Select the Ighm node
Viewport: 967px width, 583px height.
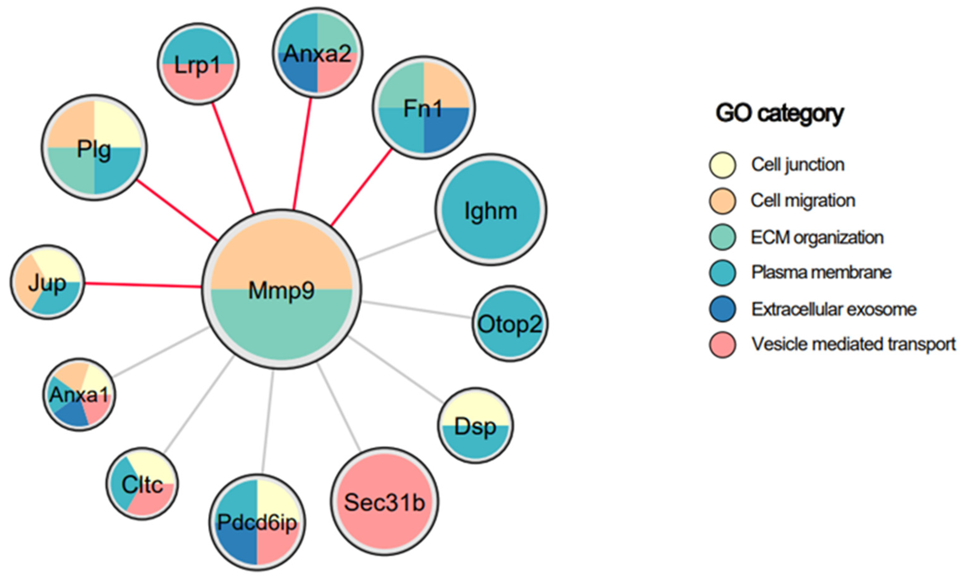(x=491, y=211)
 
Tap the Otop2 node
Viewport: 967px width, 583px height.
(x=509, y=324)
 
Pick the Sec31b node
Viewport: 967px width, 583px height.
(x=384, y=502)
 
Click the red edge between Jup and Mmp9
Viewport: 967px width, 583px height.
(x=143, y=285)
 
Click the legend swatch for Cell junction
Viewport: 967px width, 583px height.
(x=722, y=165)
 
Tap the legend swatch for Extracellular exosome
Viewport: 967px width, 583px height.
(x=722, y=309)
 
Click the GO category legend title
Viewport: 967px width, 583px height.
(x=779, y=114)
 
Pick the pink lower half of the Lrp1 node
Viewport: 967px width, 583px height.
(x=198, y=84)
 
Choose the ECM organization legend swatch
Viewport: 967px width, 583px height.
(x=722, y=237)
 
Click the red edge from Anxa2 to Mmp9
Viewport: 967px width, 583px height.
(x=302, y=153)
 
